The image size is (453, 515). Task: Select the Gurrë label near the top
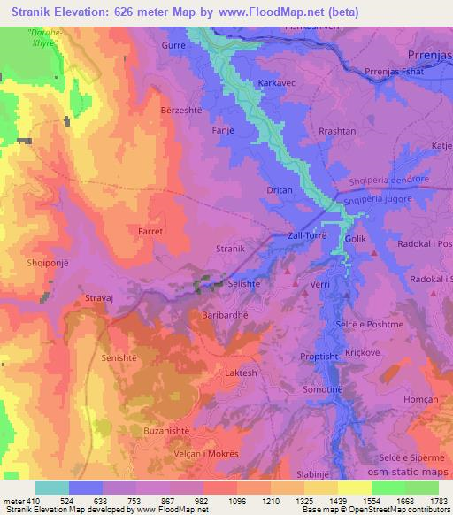point(174,43)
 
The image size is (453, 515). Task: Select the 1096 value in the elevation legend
point(219,501)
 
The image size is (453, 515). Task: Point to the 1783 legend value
point(438,501)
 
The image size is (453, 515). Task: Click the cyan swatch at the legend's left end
point(52,488)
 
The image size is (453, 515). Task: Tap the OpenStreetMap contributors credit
point(391,510)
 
